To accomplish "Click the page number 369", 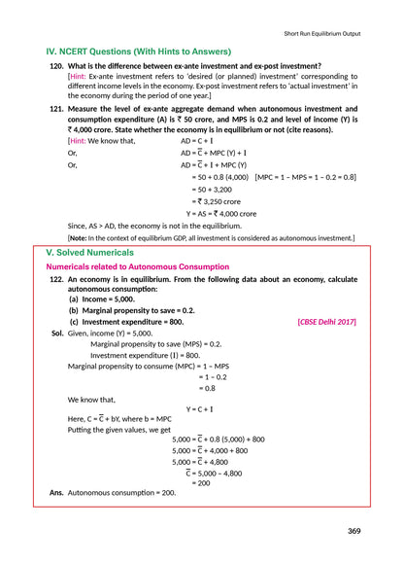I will point(354,530).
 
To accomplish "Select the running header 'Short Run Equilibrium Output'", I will point(329,33).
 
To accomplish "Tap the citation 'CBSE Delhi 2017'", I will point(326,321).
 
